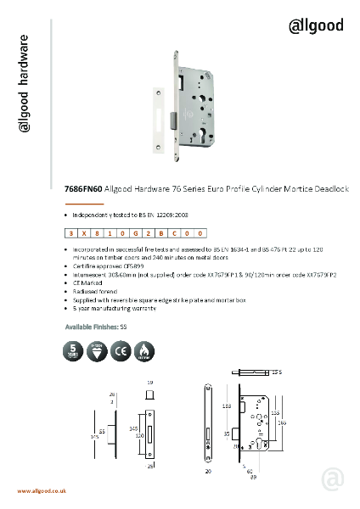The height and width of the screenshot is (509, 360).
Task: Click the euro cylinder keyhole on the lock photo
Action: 204,137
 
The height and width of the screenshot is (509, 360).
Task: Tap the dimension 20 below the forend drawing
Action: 207,469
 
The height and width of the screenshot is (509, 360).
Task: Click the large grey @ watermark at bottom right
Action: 333,480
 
